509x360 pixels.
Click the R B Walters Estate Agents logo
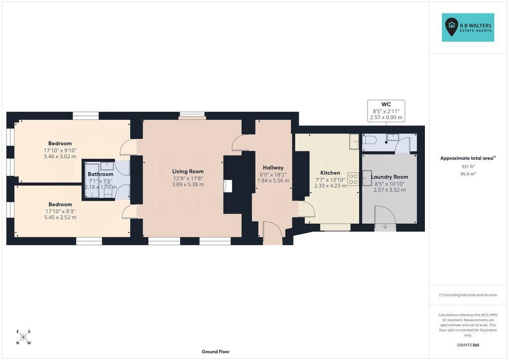coord(468,27)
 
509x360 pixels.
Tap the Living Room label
coord(188,171)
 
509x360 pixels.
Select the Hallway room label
coord(273,168)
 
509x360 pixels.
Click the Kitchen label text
coord(330,173)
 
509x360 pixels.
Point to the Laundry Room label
coord(390,177)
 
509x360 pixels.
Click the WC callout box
coord(386,111)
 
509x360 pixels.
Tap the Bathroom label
coord(101,174)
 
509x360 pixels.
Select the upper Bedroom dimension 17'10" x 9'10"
coord(60,150)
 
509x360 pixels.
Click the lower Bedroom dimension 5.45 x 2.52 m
coord(60,217)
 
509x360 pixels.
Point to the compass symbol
coord(23,337)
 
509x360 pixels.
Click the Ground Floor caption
coord(215,352)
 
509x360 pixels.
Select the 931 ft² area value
coord(468,167)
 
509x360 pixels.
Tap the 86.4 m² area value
coord(468,174)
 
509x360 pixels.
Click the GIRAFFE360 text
coord(468,345)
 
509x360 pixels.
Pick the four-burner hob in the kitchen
coord(353,180)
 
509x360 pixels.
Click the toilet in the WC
coord(369,140)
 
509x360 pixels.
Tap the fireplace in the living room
coord(228,186)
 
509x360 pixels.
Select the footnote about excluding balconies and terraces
coord(468,295)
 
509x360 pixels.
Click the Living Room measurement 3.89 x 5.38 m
coord(188,184)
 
